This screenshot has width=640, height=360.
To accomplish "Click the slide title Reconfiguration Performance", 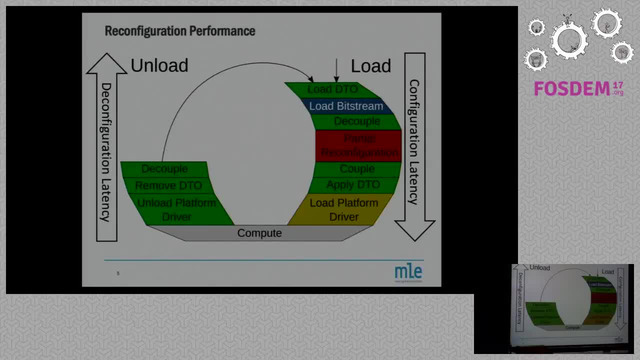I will pyautogui.click(x=180, y=31).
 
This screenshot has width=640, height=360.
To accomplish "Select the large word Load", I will pyautogui.click(x=371, y=65).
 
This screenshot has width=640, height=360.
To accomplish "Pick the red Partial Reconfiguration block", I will pyautogui.click(x=359, y=146).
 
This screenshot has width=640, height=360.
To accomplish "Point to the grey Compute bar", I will pyautogui.click(x=259, y=233).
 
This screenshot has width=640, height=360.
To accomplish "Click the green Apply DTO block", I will pyautogui.click(x=354, y=185).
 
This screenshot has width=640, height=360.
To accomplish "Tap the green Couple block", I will pyautogui.click(x=357, y=169).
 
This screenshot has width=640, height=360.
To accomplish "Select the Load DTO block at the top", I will pyautogui.click(x=332, y=90).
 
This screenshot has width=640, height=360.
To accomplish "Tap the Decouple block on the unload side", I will pyautogui.click(x=165, y=169).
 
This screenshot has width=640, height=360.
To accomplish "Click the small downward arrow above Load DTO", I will pyautogui.click(x=337, y=68).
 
